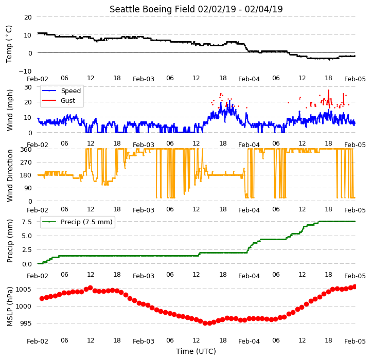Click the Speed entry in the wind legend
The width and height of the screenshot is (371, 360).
click(70, 91)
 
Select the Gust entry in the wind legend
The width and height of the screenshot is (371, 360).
click(68, 100)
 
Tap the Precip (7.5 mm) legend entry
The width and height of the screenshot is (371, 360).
click(86, 222)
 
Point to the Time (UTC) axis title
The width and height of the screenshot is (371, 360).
click(196, 351)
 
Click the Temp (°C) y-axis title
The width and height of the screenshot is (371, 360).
click(9, 44)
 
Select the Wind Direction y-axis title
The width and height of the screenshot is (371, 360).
click(10, 175)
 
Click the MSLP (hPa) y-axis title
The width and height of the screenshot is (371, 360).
click(10, 307)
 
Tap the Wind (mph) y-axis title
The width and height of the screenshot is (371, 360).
click(10, 110)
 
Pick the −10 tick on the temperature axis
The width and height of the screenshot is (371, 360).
click(25, 71)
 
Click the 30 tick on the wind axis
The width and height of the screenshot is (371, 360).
click(28, 87)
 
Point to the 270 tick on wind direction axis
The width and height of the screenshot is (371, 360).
click(26, 163)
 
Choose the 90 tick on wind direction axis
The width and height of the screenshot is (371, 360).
click(28, 188)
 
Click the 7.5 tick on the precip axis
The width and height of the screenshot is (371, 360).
click(27, 222)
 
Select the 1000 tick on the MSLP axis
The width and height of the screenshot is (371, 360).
click(24, 307)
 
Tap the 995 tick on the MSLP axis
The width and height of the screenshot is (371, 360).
click(26, 323)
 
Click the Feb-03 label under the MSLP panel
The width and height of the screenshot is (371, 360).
click(144, 341)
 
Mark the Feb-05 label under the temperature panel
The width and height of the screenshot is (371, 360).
click(355, 79)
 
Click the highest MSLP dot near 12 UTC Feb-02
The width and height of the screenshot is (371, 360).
click(90, 287)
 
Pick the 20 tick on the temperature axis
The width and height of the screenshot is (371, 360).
click(28, 17)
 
